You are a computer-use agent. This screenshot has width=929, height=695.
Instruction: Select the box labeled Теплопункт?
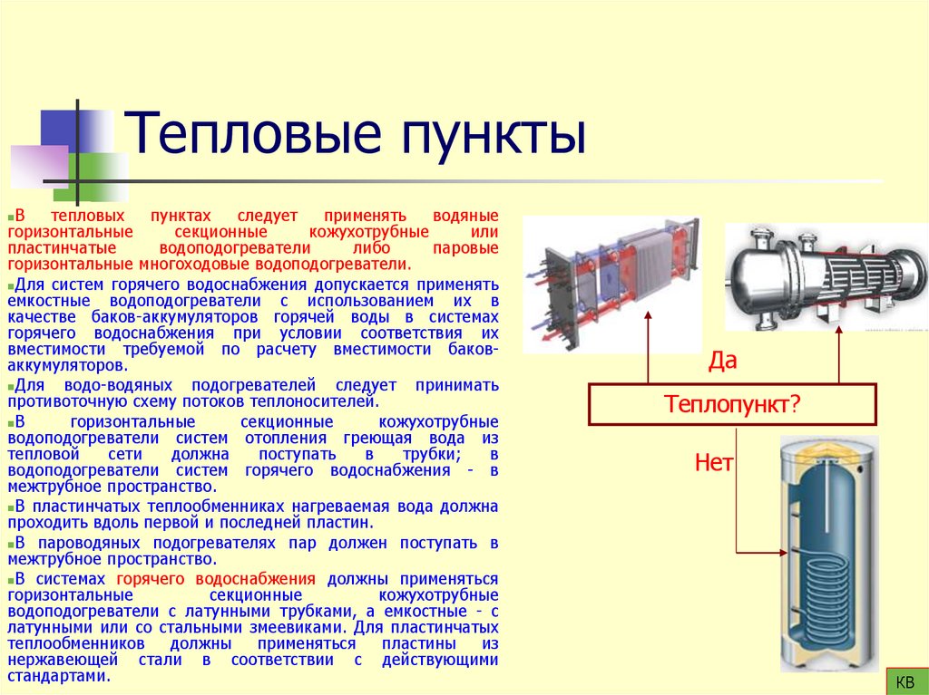pos(732,404)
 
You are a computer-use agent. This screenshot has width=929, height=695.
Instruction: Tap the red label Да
pos(722,362)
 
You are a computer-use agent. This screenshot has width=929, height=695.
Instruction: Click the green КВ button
pos(905,681)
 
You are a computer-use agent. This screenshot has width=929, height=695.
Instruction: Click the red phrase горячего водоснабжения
pos(215,579)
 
